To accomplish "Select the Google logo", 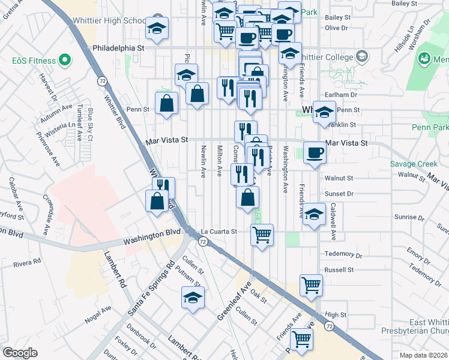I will tap(20, 353).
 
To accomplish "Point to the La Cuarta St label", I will tap(219, 231).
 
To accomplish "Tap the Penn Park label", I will tap(430, 127).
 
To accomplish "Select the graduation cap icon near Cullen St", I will tap(193, 297).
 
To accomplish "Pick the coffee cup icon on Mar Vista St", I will tap(315, 152).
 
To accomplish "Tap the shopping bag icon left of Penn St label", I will tap(166, 103).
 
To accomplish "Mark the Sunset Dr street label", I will tap(339, 194).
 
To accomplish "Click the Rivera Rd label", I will tap(28, 262).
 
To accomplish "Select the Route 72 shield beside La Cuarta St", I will tap(203, 242).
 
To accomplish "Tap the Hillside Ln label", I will tap(404, 37).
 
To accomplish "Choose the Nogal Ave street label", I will tap(98, 314).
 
